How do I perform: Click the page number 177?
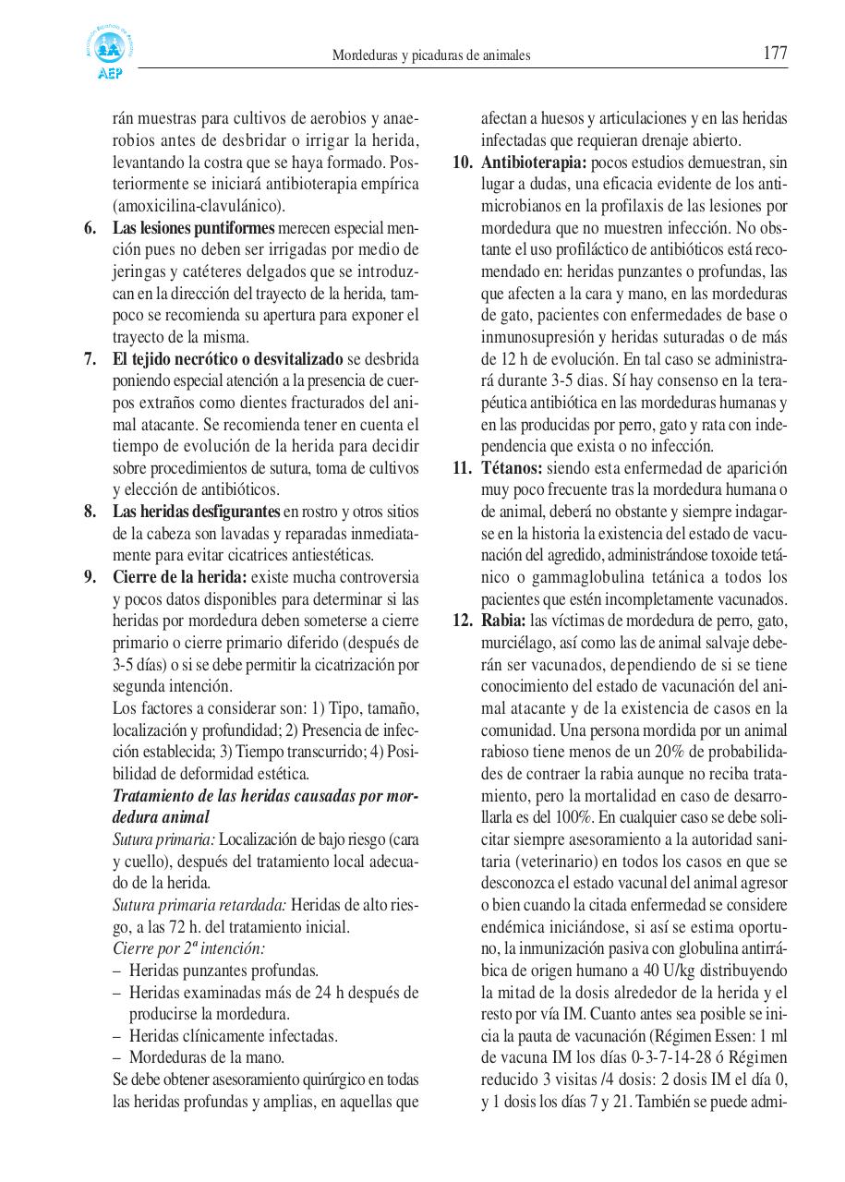pos(775,54)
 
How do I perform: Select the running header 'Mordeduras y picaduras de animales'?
pos(431,55)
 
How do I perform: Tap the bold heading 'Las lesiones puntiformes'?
pos(193,227)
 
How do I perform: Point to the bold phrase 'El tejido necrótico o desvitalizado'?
pos(227,358)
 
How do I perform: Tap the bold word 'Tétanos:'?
pos(511,467)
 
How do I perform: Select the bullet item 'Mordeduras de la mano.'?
pos(206,1057)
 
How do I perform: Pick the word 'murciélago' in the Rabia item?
pos(518,642)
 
